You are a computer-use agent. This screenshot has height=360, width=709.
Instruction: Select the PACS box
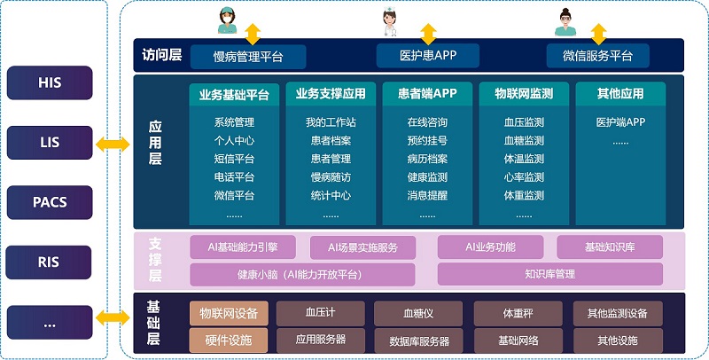pos(50,201)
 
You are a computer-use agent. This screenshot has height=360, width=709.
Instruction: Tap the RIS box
pos(50,261)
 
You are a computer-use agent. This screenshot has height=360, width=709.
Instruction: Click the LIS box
pos(50,142)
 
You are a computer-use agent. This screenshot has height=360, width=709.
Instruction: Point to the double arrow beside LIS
pos(113,142)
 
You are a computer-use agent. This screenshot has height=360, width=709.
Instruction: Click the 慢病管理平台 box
pos(248,57)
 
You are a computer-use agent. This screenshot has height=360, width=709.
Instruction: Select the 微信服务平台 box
pos(597,56)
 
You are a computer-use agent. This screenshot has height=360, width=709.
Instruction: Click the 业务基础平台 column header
pos(234,94)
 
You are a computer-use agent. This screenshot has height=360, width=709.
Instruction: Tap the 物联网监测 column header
pos(523,94)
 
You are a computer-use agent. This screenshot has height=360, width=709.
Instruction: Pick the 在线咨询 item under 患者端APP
pos(427,122)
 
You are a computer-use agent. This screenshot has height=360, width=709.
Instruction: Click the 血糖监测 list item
pos(524,141)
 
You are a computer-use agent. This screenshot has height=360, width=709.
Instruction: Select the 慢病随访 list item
pos(331,177)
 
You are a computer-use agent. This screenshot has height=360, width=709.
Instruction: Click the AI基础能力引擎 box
pos(242,247)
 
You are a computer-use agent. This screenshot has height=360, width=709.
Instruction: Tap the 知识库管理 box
pos(549,274)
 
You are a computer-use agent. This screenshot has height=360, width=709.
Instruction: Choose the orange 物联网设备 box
pos(228,313)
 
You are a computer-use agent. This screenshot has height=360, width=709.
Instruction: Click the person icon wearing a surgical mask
pos(226,22)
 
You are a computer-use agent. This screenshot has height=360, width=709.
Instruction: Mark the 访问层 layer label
pos(161,55)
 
